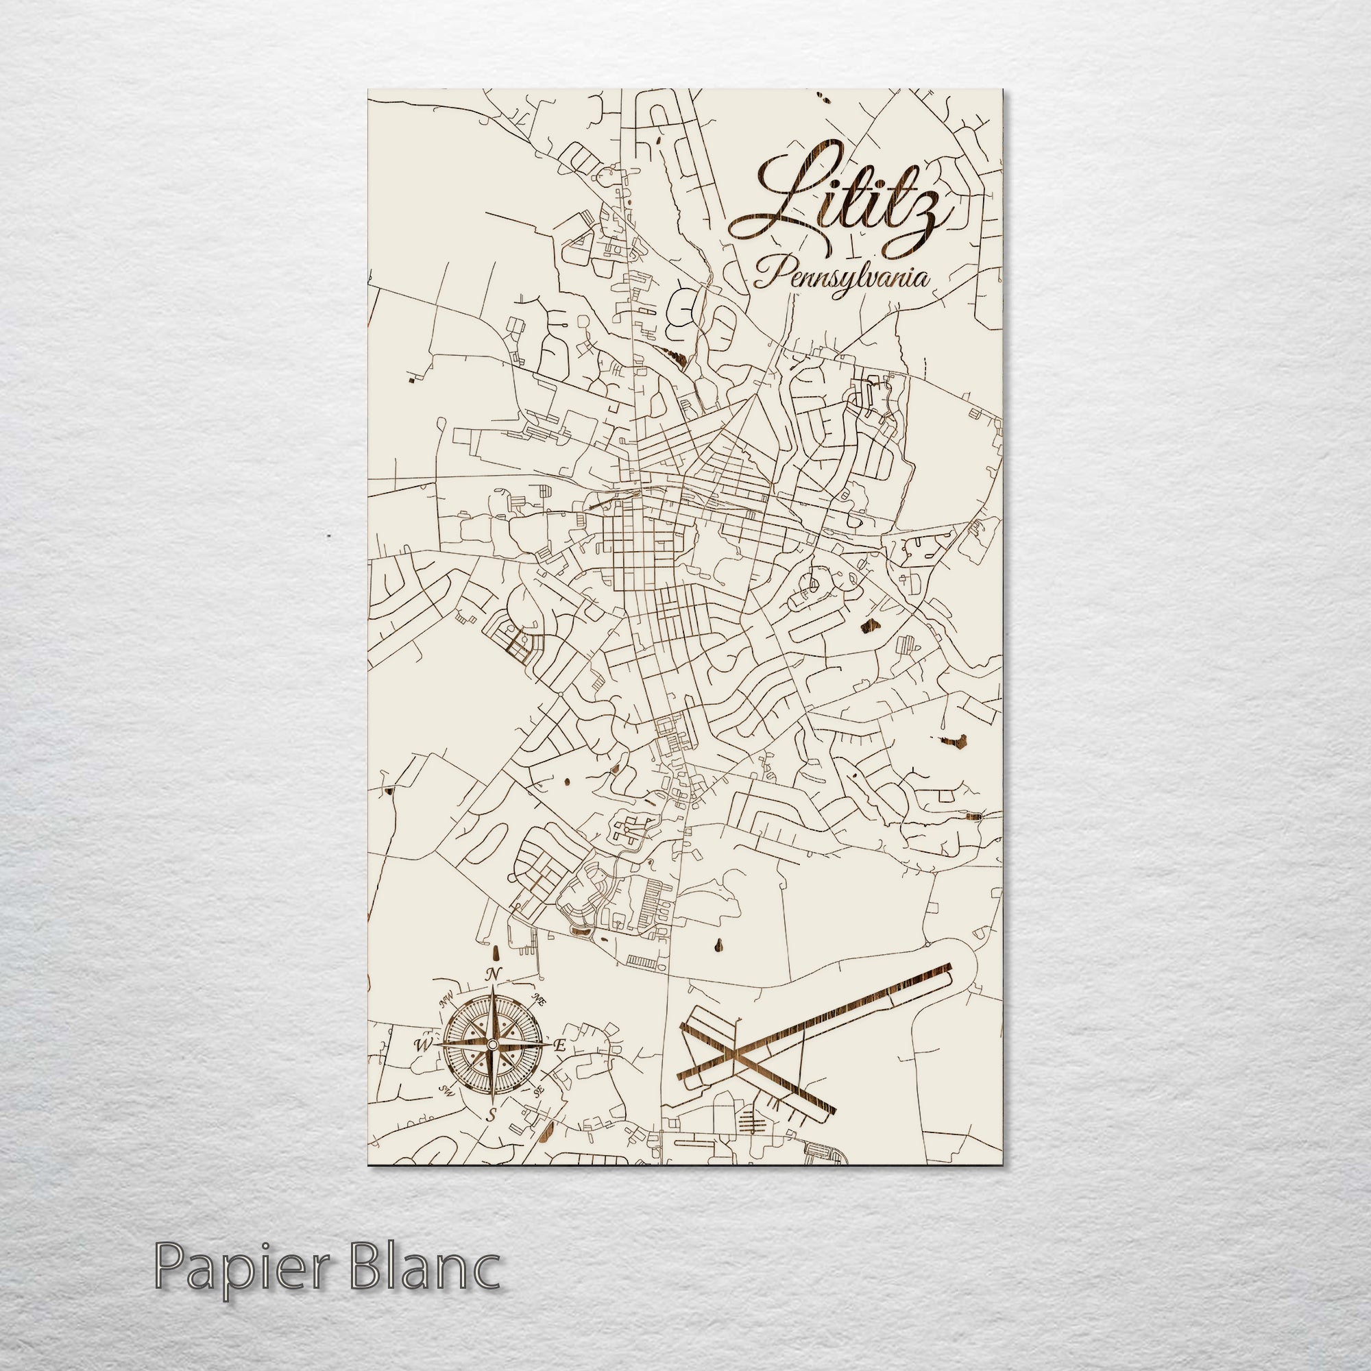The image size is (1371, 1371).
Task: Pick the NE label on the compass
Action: tap(539, 1001)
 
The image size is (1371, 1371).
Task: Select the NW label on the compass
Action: tap(447, 1002)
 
